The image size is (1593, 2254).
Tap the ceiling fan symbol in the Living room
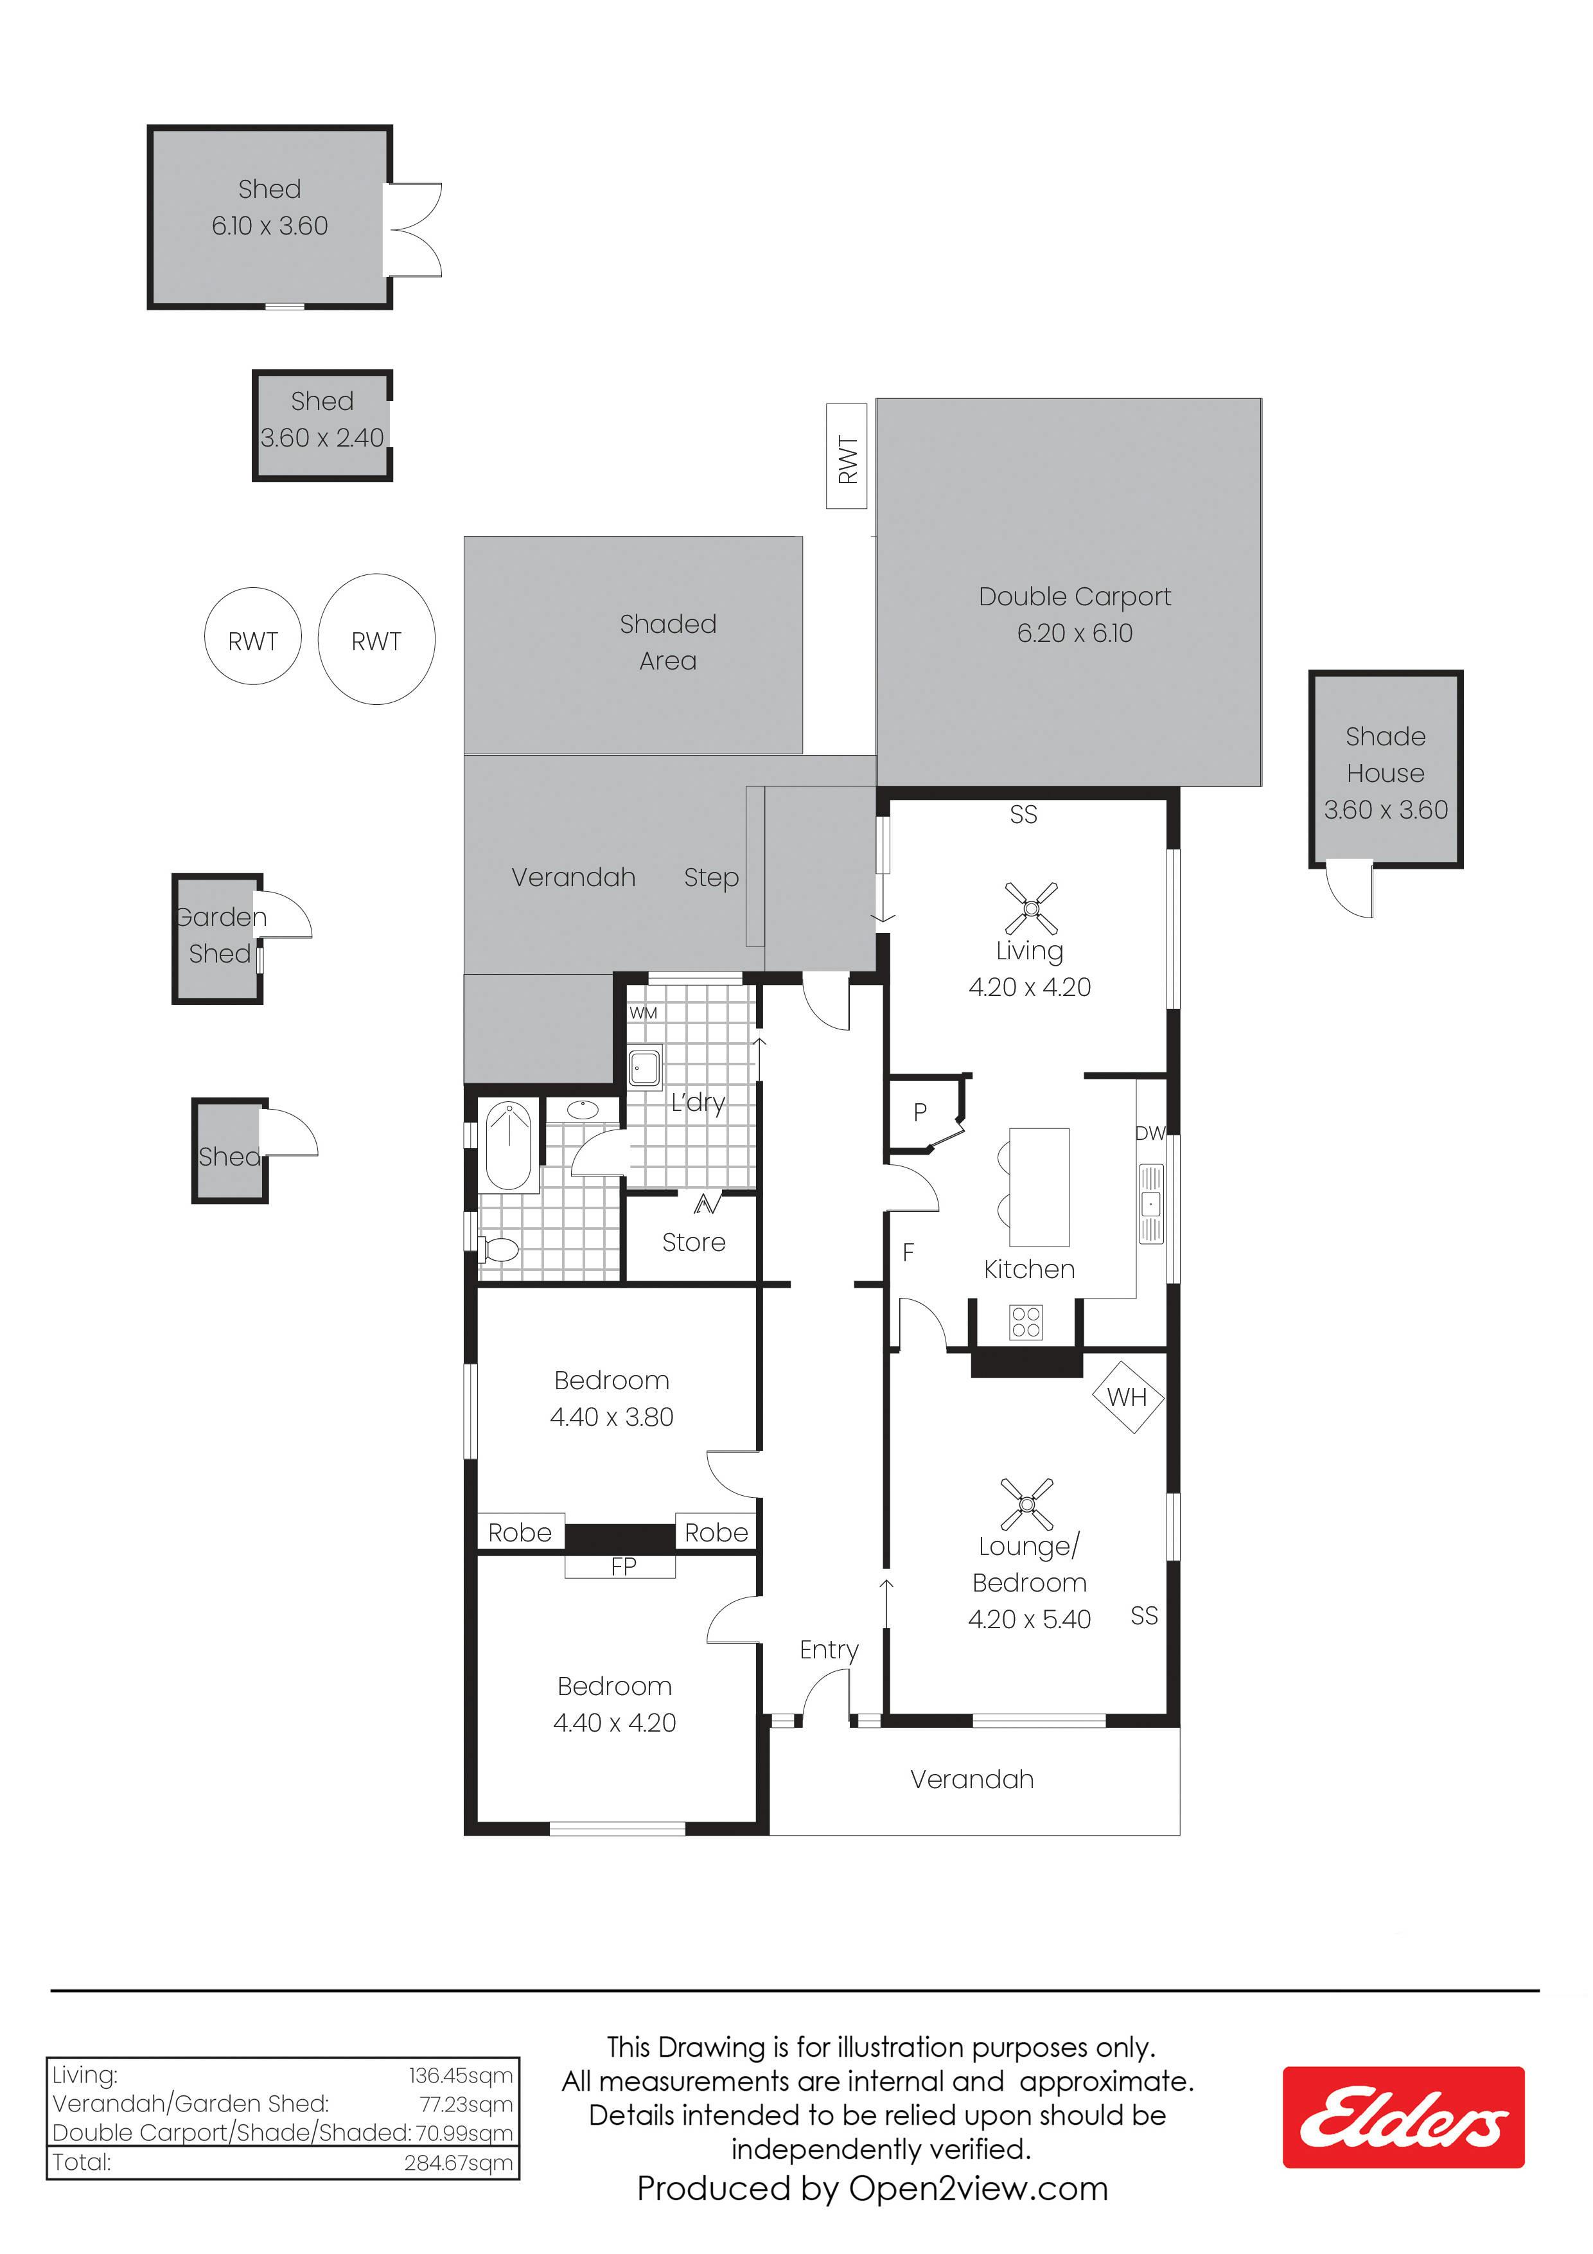click(1030, 908)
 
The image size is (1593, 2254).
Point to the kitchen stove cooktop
click(1026, 1322)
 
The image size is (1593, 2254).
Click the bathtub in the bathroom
click(509, 1147)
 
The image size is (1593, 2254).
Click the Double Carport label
click(1075, 597)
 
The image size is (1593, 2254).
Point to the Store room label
click(694, 1243)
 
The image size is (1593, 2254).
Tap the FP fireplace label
click(623, 1566)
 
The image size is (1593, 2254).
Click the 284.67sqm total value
click(459, 2163)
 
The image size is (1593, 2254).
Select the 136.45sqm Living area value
click(461, 2075)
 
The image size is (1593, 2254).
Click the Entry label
click(829, 1650)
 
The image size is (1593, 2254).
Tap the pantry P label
click(920, 1112)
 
